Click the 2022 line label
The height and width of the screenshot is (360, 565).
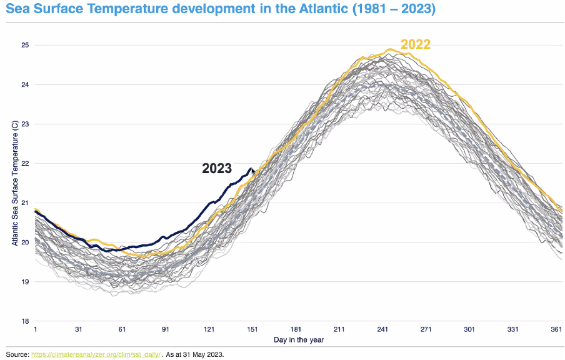point(416,44)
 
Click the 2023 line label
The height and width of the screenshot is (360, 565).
point(217,169)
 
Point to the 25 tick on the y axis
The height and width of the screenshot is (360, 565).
point(25,45)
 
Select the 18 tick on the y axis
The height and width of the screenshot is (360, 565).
point(25,321)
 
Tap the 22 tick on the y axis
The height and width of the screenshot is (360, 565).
point(25,163)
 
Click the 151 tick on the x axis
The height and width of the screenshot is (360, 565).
point(252,330)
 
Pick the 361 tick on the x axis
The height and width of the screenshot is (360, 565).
point(556,330)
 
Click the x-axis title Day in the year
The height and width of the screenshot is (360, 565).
point(299,341)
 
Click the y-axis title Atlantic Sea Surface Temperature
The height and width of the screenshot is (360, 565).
point(14,183)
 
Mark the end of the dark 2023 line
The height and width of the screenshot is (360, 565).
point(251,169)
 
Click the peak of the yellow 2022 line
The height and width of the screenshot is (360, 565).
point(390,49)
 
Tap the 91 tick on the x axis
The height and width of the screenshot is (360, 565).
point(166,330)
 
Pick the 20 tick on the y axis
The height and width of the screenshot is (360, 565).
point(25,242)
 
